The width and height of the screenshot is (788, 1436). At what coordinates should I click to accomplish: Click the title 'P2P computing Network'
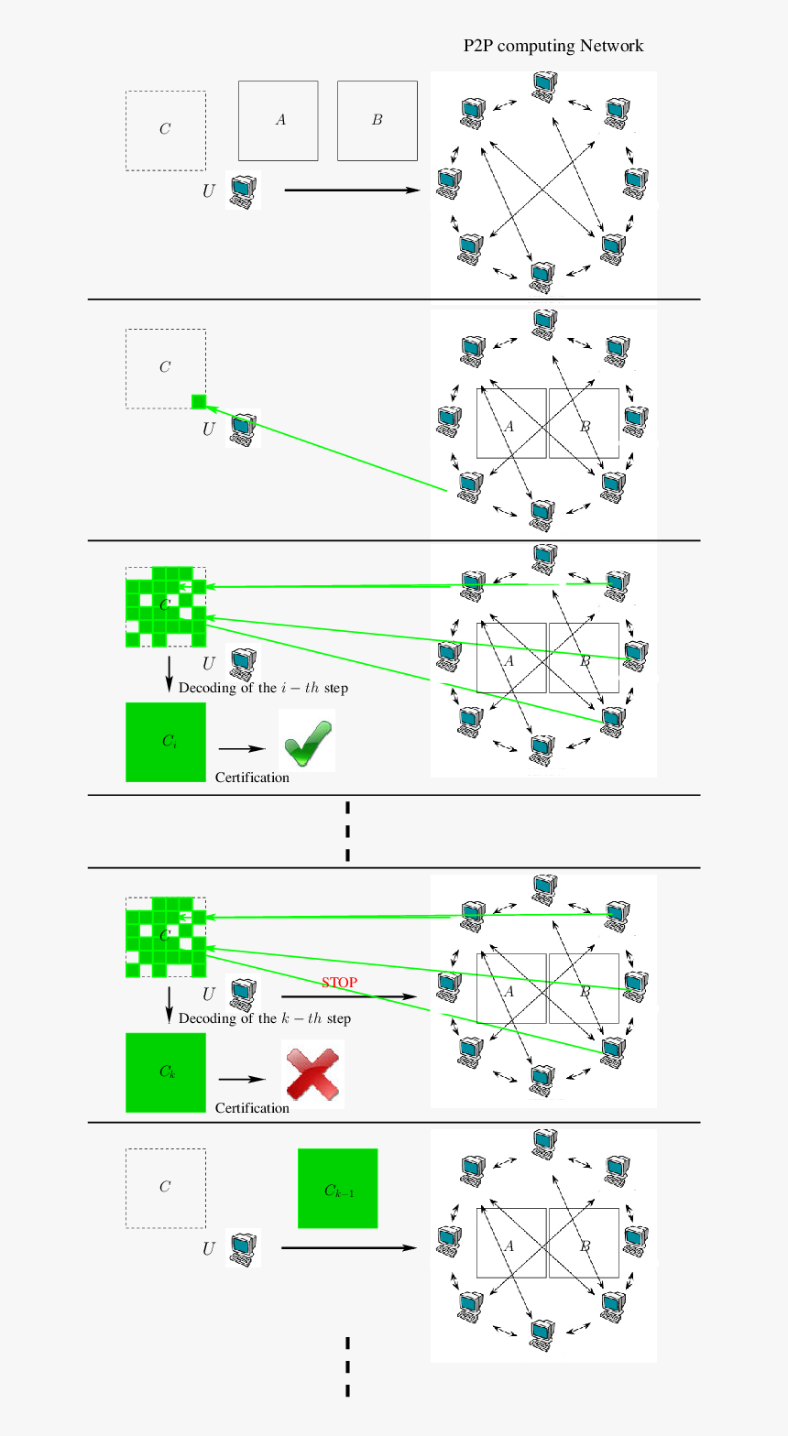click(x=553, y=46)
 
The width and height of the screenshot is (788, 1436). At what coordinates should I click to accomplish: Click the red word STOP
click(x=339, y=982)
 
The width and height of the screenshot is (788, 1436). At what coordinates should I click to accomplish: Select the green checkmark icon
click(x=307, y=741)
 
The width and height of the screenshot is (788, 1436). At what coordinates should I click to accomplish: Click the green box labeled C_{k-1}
click(x=337, y=1188)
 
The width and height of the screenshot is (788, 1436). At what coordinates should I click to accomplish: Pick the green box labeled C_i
click(x=166, y=742)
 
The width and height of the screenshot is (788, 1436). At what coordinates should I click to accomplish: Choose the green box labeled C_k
click(x=166, y=1072)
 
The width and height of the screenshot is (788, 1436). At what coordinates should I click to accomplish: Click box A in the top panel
click(x=279, y=121)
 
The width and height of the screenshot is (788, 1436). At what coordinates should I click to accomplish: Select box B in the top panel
click(x=377, y=121)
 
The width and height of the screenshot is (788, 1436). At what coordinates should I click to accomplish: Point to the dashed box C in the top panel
click(x=166, y=130)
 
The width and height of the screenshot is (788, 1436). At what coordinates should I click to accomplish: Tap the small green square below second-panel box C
click(x=199, y=401)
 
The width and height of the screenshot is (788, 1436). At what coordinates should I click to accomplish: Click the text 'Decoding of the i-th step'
click(x=263, y=688)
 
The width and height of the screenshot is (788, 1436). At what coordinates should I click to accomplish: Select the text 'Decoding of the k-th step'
click(x=264, y=1018)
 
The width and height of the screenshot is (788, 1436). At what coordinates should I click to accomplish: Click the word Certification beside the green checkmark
click(x=252, y=778)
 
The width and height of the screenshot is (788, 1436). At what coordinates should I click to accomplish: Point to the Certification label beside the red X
click(x=252, y=1108)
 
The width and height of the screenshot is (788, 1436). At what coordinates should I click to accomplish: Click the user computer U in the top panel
click(x=243, y=190)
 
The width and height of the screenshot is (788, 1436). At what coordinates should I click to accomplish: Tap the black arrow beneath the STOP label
click(x=348, y=996)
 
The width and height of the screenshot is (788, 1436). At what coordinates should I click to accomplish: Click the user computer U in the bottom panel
click(x=243, y=1247)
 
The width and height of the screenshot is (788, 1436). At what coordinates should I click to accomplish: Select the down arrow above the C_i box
click(x=169, y=673)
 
